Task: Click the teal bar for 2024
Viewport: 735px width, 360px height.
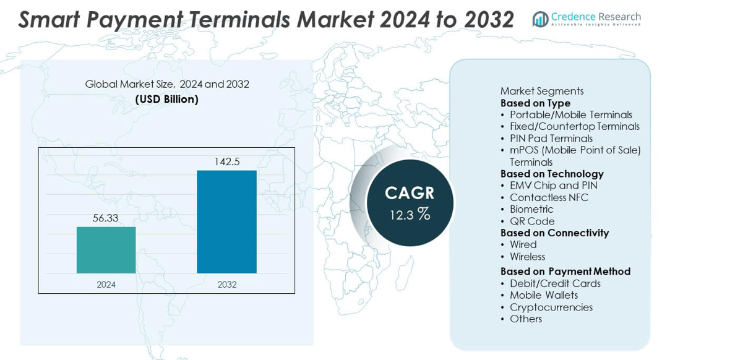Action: (106, 250)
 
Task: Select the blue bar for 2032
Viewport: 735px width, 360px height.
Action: (226, 221)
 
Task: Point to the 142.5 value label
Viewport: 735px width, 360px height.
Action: (226, 162)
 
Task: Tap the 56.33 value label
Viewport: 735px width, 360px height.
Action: (106, 218)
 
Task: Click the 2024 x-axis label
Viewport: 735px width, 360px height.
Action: (106, 285)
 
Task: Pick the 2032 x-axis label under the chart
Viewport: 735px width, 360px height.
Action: (226, 285)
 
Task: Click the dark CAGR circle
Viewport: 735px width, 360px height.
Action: (410, 202)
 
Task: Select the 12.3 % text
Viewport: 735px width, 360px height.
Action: (410, 215)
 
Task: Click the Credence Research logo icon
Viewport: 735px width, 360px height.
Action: (540, 19)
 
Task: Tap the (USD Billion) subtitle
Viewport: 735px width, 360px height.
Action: (167, 99)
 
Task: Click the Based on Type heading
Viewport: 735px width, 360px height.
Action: (535, 103)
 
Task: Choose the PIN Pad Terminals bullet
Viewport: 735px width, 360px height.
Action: (551, 139)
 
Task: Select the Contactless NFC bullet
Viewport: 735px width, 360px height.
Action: (549, 197)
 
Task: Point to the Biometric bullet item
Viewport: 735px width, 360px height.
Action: (531, 209)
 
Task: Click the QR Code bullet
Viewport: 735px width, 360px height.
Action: (532, 221)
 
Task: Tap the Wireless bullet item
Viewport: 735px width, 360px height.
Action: (527, 257)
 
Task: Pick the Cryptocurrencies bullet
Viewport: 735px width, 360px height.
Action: (551, 307)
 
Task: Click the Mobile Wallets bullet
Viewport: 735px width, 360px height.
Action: (543, 295)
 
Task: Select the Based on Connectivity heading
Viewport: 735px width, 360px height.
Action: (554, 233)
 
